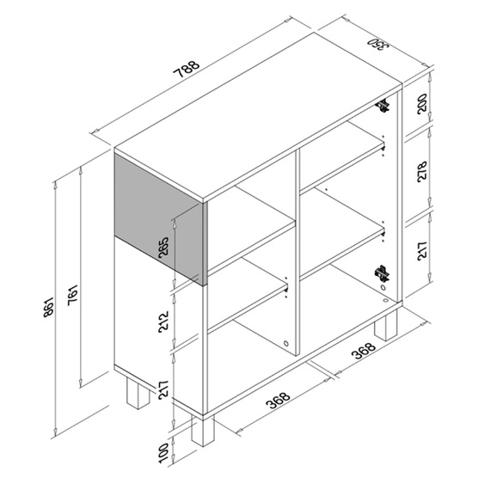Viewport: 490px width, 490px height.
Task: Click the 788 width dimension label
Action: coord(187,69)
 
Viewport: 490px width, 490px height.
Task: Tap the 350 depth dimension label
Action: coord(378,44)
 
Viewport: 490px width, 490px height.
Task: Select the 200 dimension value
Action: coord(422,103)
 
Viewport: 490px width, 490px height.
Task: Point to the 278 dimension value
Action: coord(422,171)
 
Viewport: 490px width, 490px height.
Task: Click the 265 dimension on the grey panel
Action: coord(163,248)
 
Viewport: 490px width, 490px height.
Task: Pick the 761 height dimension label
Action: coord(73,296)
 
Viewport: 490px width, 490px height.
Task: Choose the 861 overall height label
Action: coord(49,308)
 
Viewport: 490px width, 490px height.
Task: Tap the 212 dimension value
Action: coord(163,322)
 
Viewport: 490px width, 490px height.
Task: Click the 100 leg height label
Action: coord(163,453)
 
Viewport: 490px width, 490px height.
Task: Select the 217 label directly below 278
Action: coord(422,250)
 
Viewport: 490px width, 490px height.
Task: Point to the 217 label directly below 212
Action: coord(163,390)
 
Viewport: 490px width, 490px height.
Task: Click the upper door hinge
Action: coord(383,106)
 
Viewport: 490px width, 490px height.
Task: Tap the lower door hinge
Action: coord(382,273)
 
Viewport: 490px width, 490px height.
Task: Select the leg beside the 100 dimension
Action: coord(203,430)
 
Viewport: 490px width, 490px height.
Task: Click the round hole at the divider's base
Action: coord(286,344)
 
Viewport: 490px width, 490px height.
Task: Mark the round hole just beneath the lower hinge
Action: coord(383,287)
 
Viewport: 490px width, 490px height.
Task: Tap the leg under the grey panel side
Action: coord(138,393)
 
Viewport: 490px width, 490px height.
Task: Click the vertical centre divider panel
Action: coord(297,250)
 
